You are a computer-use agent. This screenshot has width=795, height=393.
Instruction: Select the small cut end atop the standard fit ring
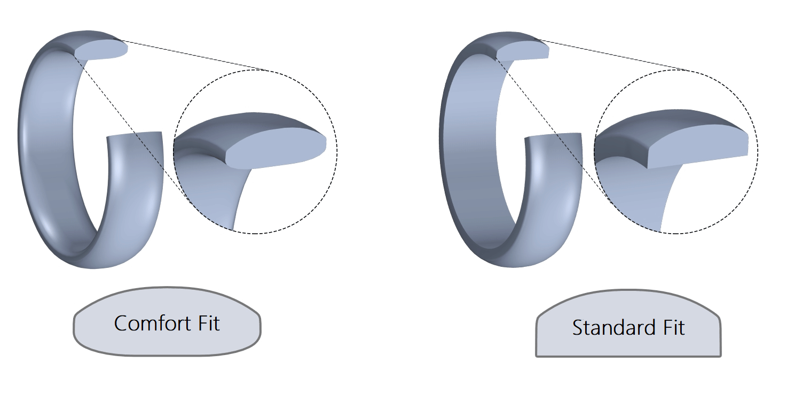click(524, 50)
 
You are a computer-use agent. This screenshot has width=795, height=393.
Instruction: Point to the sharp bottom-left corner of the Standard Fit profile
click(537, 356)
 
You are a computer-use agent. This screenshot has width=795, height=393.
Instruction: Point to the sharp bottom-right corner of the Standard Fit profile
click(720, 356)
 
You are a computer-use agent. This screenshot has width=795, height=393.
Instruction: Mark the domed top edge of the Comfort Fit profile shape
click(167, 288)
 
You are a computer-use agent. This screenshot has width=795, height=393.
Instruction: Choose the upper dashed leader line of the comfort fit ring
click(198, 56)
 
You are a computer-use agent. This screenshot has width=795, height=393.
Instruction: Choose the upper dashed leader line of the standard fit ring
click(614, 55)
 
